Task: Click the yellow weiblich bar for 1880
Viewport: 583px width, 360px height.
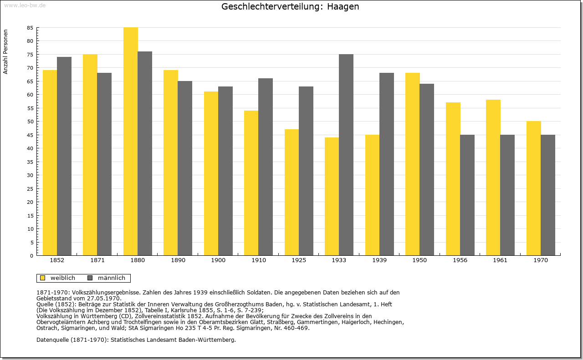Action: click(131, 142)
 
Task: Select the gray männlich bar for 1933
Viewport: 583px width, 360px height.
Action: click(346, 155)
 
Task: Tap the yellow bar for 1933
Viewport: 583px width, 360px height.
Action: click(332, 197)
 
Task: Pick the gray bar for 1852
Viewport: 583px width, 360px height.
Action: click(64, 156)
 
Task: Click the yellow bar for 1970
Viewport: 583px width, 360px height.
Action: click(533, 188)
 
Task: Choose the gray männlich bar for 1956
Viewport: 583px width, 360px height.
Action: click(467, 195)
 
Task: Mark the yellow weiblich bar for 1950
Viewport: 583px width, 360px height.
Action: click(413, 164)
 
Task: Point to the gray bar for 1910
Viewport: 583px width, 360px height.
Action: click(266, 167)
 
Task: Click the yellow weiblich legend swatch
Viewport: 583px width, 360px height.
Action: click(43, 278)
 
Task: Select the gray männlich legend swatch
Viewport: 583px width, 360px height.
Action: click(90, 278)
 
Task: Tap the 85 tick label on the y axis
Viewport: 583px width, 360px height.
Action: click(30, 28)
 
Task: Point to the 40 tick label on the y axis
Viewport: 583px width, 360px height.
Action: click(30, 148)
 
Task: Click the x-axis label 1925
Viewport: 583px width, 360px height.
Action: click(299, 260)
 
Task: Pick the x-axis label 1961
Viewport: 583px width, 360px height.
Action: click(500, 260)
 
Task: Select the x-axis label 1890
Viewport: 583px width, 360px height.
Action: click(178, 260)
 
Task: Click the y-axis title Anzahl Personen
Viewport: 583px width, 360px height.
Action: click(5, 52)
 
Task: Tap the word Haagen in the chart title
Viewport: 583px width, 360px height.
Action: click(343, 7)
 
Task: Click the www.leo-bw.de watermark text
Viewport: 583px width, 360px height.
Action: click(25, 5)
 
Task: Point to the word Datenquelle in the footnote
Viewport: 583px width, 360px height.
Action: click(53, 340)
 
